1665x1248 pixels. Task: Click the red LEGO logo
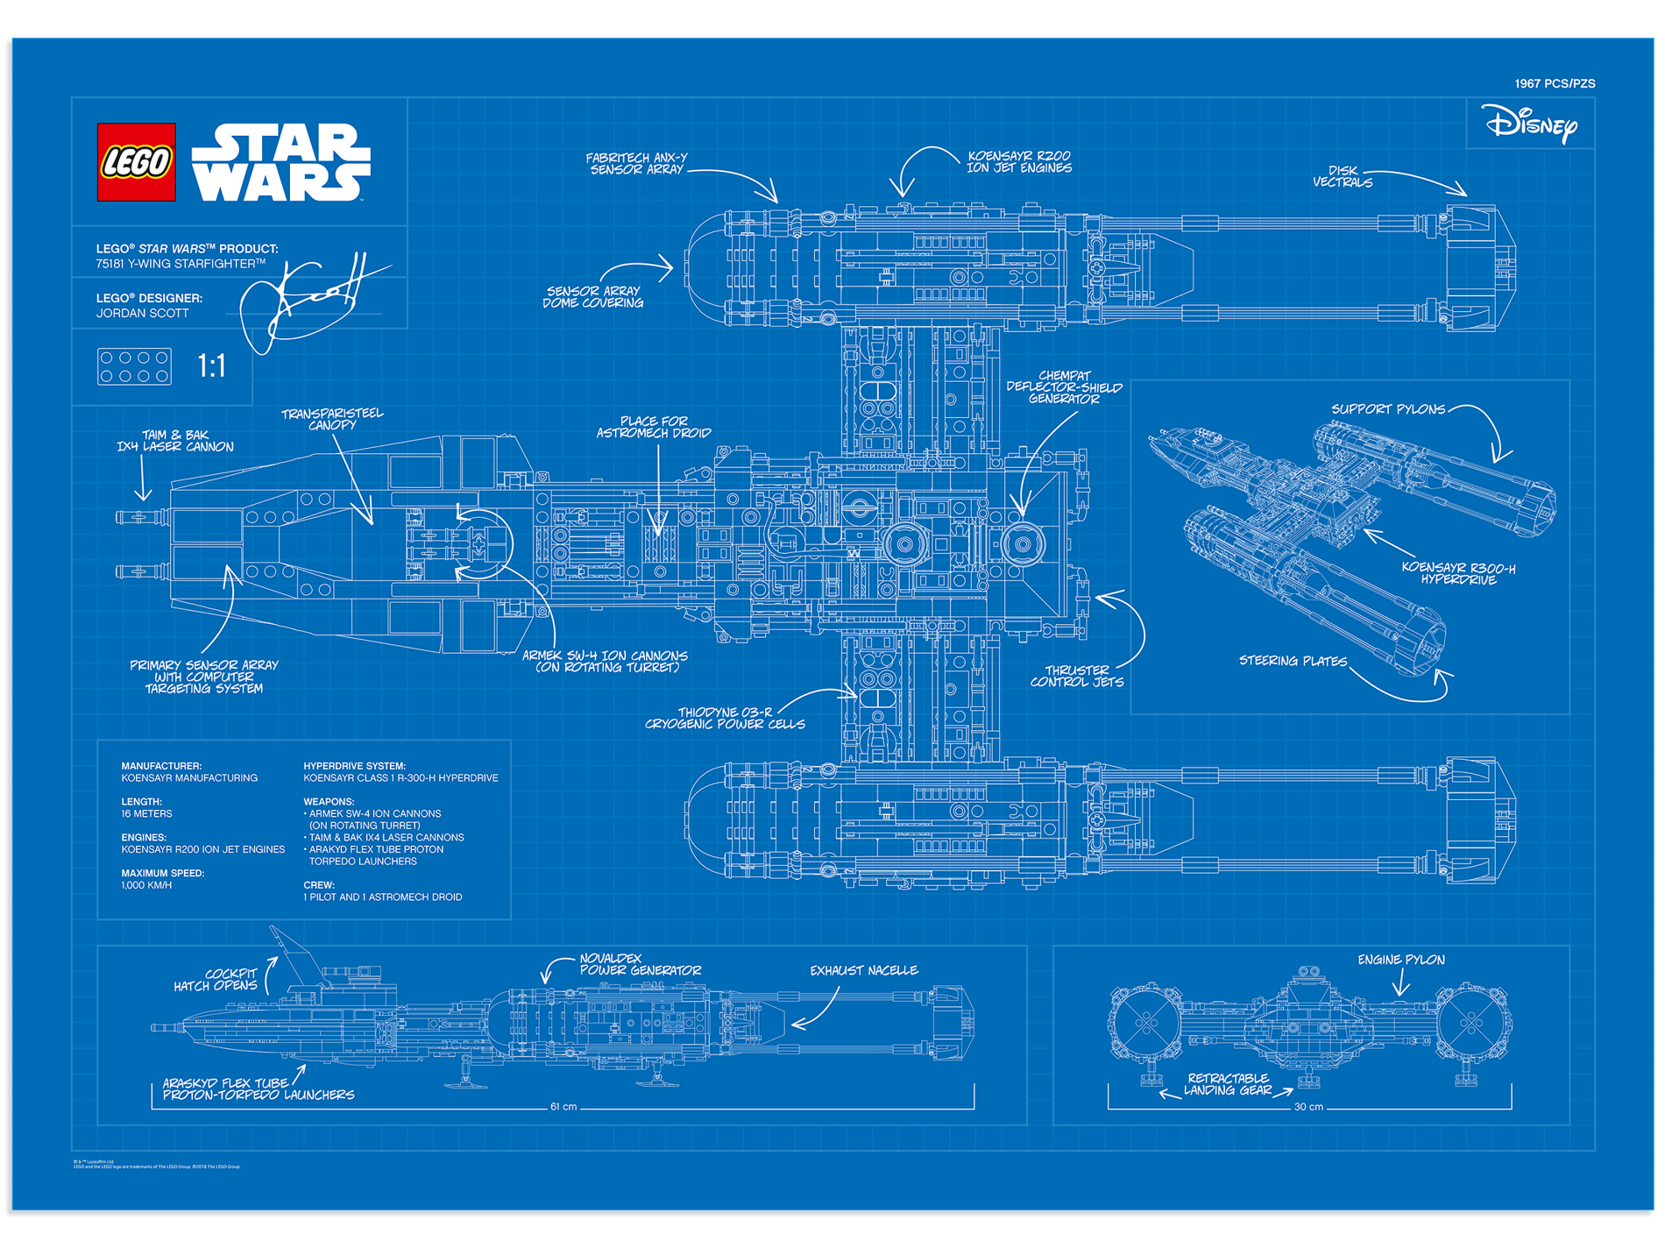click(x=136, y=162)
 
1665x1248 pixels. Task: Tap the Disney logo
click(x=1530, y=124)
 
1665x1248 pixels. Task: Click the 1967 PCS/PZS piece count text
click(x=1554, y=84)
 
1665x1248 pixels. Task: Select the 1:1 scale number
click(x=211, y=365)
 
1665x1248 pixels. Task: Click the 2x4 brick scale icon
click(x=134, y=366)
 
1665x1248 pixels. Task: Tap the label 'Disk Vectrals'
click(x=1343, y=177)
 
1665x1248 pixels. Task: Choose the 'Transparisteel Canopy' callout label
click(x=332, y=419)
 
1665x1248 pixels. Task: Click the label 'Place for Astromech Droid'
click(x=654, y=427)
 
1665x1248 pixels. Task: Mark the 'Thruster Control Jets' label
click(x=1076, y=676)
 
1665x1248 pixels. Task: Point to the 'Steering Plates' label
click(x=1293, y=661)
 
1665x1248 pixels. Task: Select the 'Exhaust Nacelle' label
click(x=863, y=971)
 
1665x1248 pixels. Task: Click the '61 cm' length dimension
click(x=563, y=1107)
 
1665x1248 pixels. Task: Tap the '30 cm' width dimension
click(x=1308, y=1107)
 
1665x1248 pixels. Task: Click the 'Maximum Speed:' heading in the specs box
click(x=162, y=873)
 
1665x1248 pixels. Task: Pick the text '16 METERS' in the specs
click(x=146, y=814)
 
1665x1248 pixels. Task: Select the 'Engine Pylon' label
click(x=1400, y=960)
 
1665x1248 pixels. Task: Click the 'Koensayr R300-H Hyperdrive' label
click(x=1458, y=573)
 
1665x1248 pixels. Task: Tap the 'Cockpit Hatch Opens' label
click(x=216, y=980)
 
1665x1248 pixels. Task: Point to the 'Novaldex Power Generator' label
click(x=640, y=965)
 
